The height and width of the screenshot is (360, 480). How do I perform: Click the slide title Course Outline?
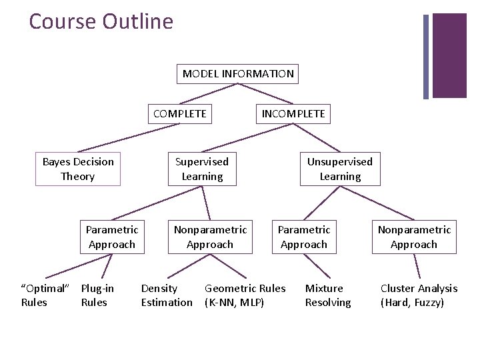(x=101, y=21)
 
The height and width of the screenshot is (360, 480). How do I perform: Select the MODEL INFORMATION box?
(x=238, y=73)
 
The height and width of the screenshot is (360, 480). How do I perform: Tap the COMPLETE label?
(x=179, y=113)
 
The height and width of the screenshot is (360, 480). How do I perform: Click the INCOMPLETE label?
(x=293, y=113)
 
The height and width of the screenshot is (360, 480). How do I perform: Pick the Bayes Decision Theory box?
(x=78, y=169)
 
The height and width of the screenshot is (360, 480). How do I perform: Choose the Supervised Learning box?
(x=201, y=169)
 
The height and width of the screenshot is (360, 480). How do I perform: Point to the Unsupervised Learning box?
(x=339, y=169)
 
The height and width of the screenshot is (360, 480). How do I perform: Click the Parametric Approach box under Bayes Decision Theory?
(x=111, y=237)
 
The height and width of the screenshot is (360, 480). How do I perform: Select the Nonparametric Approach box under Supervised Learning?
(x=209, y=237)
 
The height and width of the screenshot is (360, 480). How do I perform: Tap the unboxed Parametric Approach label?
(x=303, y=237)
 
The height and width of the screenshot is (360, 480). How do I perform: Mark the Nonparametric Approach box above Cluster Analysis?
(x=414, y=237)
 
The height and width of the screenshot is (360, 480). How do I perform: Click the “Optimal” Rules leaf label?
(x=45, y=295)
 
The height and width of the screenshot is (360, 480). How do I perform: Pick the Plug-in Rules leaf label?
(x=97, y=295)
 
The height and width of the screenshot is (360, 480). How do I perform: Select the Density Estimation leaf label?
(x=166, y=295)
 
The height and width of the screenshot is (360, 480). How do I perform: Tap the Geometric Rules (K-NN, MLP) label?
(x=245, y=295)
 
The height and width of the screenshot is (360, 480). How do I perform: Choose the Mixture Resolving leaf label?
(x=327, y=295)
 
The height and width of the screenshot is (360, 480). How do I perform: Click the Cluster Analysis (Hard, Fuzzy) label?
(x=419, y=295)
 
